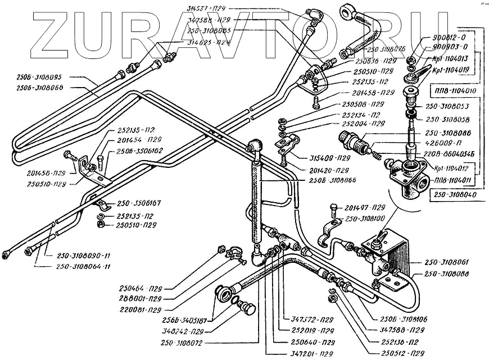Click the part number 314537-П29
click(x=207, y=7)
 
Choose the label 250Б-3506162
click(x=140, y=151)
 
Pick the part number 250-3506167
click(x=139, y=204)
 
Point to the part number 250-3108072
click(x=165, y=342)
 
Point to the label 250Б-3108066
click(x=332, y=180)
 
